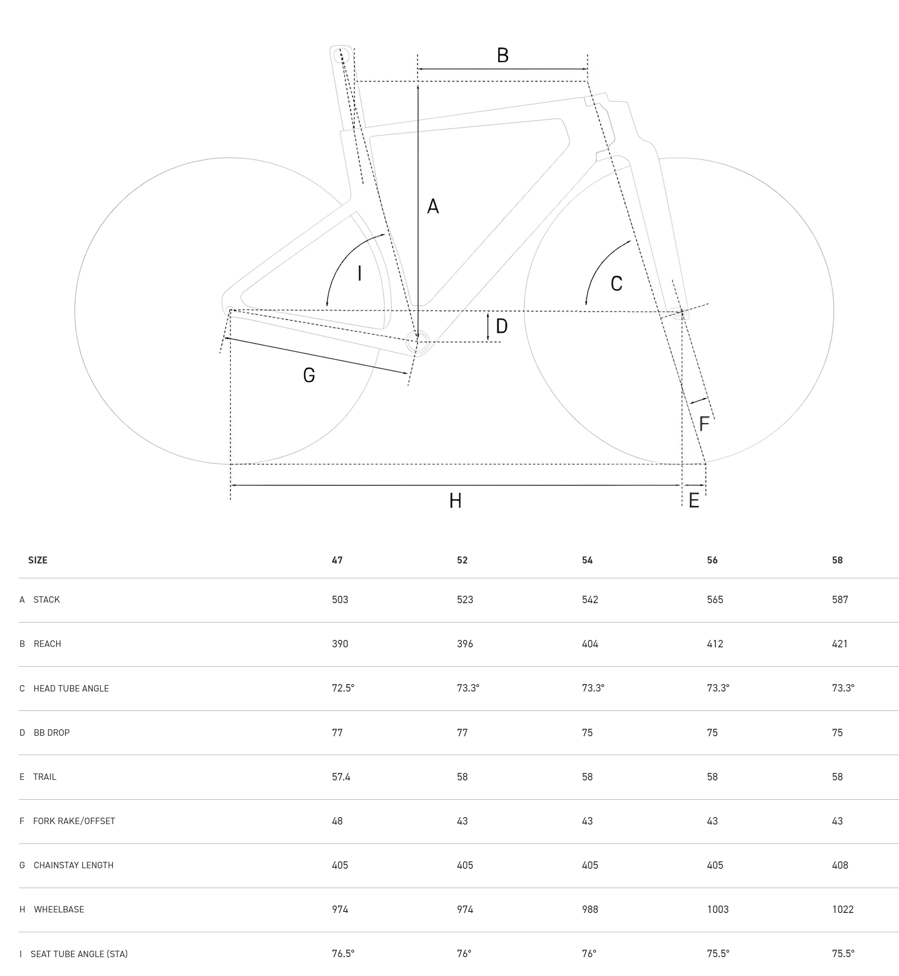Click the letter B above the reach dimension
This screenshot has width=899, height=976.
(503, 55)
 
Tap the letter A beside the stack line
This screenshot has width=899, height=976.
(433, 206)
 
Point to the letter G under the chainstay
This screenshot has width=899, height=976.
(309, 375)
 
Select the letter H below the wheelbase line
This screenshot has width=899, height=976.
(455, 500)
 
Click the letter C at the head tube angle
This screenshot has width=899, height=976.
(616, 283)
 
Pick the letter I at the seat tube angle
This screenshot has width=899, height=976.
(359, 273)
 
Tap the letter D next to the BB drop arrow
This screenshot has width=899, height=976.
(502, 326)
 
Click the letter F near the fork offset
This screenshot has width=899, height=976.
(704, 423)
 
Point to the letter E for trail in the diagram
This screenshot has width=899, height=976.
(694, 500)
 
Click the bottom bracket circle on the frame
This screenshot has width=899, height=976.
(417, 342)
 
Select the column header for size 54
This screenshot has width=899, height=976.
(587, 560)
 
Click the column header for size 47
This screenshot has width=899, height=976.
(337, 560)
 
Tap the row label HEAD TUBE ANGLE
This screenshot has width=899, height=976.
(71, 688)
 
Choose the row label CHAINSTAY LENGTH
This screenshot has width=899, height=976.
(73, 865)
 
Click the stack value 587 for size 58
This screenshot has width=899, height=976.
(840, 599)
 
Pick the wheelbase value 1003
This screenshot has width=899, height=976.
(718, 909)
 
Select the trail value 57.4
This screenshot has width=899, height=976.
(341, 776)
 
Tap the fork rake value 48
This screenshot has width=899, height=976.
(337, 821)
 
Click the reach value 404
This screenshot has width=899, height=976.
(590, 643)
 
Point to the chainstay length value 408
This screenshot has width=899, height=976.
(840, 865)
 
